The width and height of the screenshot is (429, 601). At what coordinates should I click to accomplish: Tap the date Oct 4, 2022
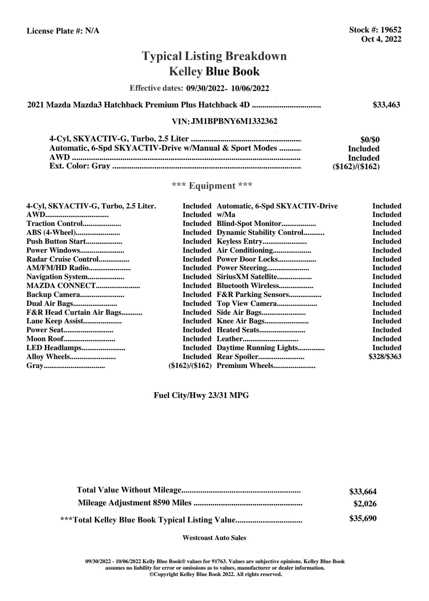pos(381,39)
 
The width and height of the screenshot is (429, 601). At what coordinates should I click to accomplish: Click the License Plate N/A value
pos(92,31)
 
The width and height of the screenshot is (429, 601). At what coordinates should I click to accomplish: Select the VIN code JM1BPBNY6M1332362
pos(234,121)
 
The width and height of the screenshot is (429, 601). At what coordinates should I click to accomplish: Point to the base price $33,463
pos(386,105)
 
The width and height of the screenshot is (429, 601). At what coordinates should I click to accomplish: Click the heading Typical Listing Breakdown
pos(214,56)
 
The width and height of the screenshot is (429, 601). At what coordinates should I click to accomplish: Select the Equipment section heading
pos(212,186)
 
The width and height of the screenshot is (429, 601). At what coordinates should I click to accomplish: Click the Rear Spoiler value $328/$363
pos(385,357)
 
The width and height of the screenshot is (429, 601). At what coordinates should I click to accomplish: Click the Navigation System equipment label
pos(57,277)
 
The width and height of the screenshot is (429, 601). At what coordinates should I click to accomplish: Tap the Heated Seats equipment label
pos(238,330)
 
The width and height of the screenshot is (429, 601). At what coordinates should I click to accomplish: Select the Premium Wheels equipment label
pos(245,365)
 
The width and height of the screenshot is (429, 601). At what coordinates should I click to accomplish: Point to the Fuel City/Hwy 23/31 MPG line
pos(201,395)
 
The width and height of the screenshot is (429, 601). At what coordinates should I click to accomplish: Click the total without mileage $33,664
pos(363,492)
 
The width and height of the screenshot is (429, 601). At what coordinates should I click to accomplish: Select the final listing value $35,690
pos(363,519)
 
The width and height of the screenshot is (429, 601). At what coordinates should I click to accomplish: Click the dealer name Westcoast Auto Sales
pos(214,538)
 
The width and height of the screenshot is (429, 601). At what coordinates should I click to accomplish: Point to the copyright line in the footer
pos(216,574)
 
